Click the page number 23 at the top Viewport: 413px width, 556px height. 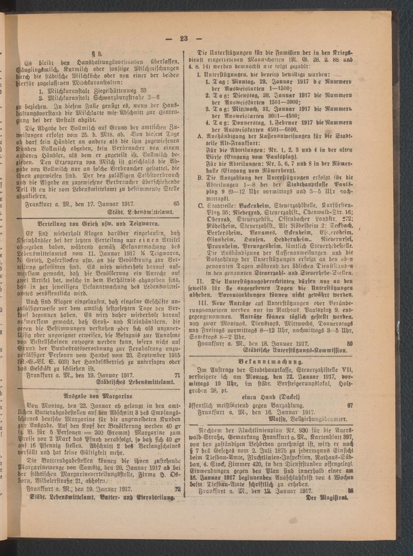tap(183, 39)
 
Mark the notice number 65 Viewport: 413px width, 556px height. tap(177, 204)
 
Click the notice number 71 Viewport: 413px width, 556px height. tap(177, 376)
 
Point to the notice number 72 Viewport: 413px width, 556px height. tap(178, 490)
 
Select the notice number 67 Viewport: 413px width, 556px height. tap(350, 405)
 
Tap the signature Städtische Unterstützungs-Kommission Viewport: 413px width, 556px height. tap(299, 350)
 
